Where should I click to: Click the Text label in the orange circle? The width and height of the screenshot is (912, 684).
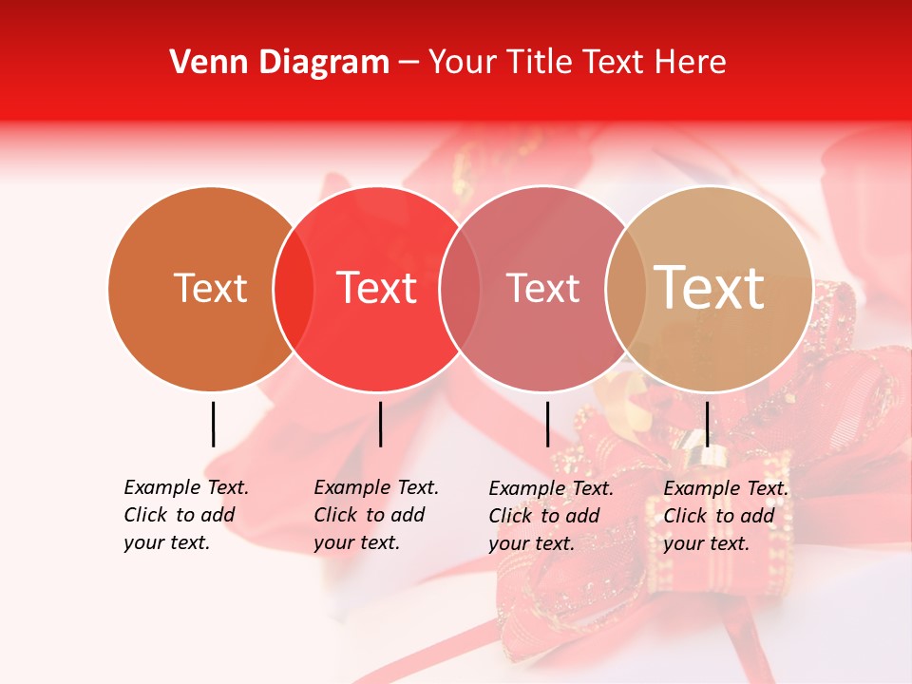coord(210,288)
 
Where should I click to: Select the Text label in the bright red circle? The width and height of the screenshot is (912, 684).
coord(377,288)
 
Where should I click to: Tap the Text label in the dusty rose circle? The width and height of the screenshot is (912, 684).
coord(542,288)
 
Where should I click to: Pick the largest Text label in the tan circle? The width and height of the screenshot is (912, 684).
coord(710,288)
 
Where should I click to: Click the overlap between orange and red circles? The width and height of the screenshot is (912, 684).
coord(294,289)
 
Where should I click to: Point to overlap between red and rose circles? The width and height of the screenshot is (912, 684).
coord(460,289)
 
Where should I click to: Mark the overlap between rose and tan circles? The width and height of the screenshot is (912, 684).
coord(625,289)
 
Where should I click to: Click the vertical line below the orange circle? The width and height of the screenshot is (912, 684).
coord(213,424)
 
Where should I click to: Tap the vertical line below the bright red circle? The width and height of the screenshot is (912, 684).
coord(380,424)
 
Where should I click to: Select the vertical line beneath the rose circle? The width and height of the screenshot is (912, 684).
coord(547,424)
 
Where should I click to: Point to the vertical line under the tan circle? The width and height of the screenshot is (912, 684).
coord(707,424)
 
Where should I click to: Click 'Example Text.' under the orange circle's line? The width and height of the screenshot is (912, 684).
coord(186,487)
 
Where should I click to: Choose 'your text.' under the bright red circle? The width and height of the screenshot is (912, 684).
coord(356,543)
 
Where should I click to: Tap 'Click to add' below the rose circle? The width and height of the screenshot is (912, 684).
coord(544,516)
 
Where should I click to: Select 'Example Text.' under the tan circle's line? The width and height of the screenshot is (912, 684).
coord(726,488)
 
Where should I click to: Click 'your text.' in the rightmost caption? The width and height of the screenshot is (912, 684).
coord(706,544)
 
